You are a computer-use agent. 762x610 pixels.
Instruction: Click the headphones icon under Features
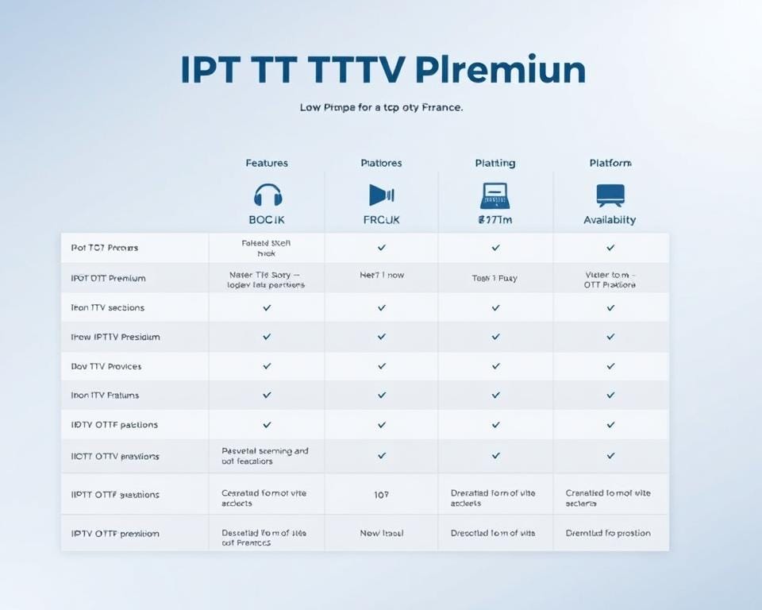(x=267, y=195)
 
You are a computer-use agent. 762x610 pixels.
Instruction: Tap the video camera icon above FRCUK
(x=381, y=195)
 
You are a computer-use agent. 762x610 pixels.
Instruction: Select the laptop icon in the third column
(x=495, y=195)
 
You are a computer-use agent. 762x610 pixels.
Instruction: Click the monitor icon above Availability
(x=610, y=195)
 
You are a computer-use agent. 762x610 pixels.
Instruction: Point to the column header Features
(x=267, y=163)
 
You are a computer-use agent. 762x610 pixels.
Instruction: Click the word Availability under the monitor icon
(x=610, y=220)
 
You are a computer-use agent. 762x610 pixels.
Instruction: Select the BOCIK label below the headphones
(x=267, y=220)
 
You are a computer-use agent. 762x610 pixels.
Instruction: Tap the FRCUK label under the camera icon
(x=381, y=220)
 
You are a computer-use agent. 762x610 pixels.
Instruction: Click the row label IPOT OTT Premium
(x=108, y=278)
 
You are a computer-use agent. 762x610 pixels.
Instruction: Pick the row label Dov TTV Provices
(x=106, y=366)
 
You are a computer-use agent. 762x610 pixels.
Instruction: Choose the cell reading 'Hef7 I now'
(x=381, y=275)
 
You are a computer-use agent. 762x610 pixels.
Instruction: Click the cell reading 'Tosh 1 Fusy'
(x=495, y=279)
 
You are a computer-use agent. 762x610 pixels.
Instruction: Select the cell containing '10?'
(x=381, y=494)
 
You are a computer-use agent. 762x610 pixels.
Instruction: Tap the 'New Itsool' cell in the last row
(x=381, y=533)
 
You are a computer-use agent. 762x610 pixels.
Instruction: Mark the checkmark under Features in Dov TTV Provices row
(x=267, y=366)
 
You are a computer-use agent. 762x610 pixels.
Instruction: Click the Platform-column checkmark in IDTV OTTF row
(x=610, y=425)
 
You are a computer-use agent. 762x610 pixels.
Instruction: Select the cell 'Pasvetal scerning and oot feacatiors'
(x=265, y=456)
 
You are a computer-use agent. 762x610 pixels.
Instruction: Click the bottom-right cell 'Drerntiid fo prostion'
(x=608, y=533)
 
